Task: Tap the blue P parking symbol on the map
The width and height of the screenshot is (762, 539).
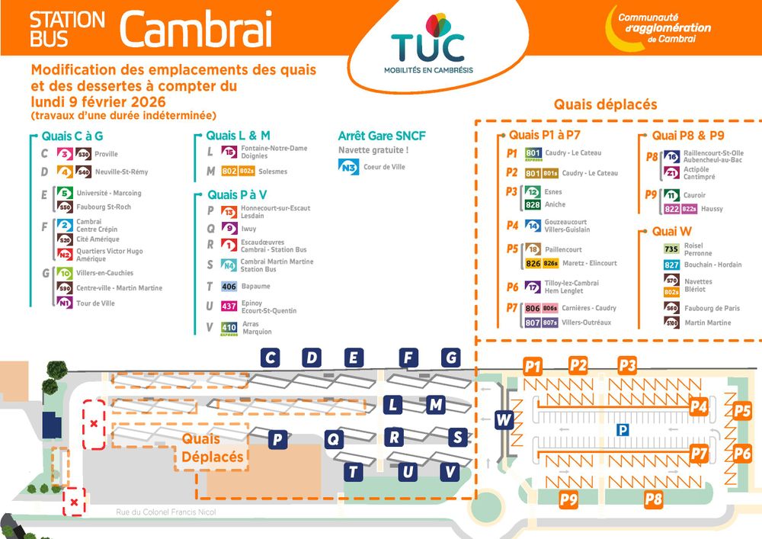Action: point(623,430)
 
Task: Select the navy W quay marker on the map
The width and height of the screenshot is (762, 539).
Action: point(504,419)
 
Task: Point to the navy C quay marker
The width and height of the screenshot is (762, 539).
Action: point(270,357)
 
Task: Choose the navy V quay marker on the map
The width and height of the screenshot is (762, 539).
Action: point(450,472)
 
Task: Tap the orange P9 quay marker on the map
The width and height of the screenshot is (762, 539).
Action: point(568,500)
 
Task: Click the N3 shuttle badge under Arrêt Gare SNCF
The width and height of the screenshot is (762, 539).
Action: point(348,167)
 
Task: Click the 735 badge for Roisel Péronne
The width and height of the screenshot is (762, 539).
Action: point(671,249)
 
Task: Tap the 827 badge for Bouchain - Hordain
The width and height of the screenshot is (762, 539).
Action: point(671,265)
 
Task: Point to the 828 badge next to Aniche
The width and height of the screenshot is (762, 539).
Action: point(533,204)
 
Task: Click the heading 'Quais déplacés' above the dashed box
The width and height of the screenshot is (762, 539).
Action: point(605,104)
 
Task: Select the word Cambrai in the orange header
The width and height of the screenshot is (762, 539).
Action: point(196,31)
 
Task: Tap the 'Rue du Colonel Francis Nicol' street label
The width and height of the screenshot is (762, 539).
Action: point(166,512)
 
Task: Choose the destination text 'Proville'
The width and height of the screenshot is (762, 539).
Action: point(106,154)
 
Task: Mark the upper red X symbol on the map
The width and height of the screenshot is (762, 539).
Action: point(94,423)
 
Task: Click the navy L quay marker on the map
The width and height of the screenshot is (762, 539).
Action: point(392,405)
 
